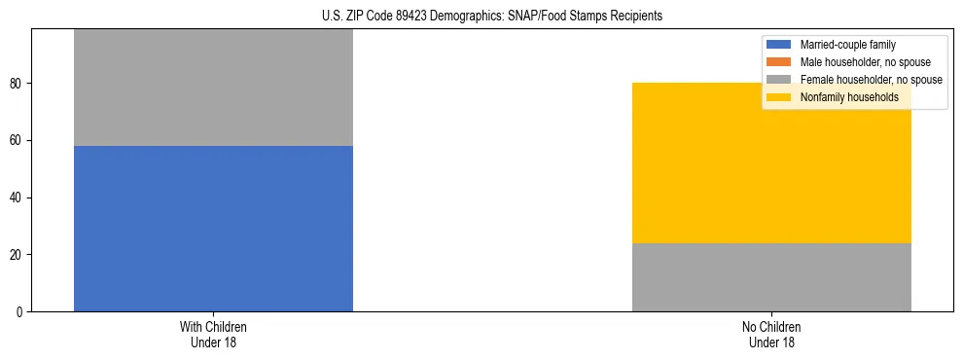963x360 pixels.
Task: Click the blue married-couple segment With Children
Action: (213, 229)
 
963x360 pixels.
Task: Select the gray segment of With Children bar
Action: (213, 88)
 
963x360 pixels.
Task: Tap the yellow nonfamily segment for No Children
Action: (771, 162)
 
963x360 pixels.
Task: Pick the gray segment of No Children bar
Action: (771, 277)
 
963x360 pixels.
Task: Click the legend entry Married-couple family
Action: (847, 45)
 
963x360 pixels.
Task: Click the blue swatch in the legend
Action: (779, 45)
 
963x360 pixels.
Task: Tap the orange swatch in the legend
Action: (779, 62)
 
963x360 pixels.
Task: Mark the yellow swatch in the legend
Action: (779, 97)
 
